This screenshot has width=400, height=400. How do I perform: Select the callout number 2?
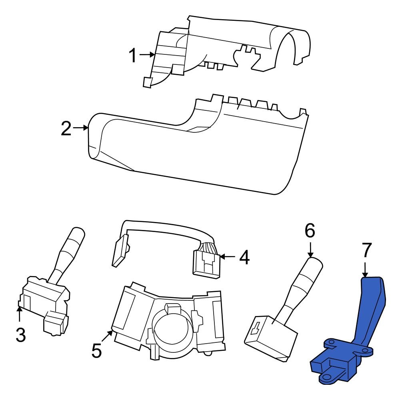click(x=66, y=128)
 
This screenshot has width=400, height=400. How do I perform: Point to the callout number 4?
click(x=244, y=257)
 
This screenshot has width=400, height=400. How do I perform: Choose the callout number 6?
click(x=310, y=230)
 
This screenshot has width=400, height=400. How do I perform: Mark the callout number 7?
click(x=367, y=250)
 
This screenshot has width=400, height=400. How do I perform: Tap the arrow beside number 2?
click(x=81, y=128)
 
